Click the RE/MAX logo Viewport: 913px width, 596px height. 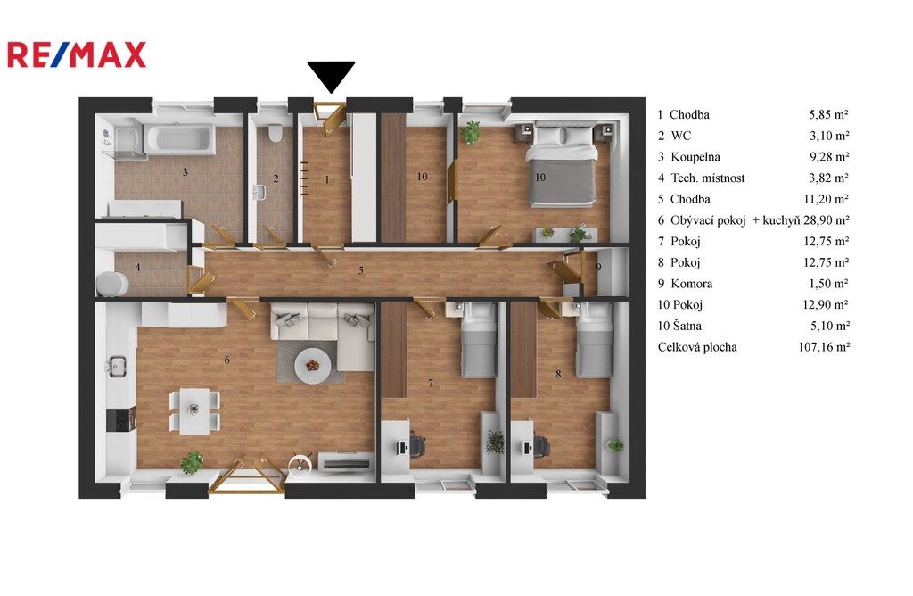point(77,55)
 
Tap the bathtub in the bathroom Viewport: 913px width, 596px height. point(180,138)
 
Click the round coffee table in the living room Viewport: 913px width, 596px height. point(313,365)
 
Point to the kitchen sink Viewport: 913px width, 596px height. point(117,366)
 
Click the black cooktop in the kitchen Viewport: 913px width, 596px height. point(121,419)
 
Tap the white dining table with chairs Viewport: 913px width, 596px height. point(194,410)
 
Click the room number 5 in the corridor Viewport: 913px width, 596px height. point(361,270)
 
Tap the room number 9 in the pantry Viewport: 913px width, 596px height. point(598,268)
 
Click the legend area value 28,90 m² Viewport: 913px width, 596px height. point(827,220)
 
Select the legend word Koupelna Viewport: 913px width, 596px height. point(695,157)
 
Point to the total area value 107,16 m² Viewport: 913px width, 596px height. point(824,347)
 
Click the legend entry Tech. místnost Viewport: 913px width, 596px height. point(707,178)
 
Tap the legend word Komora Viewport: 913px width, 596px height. point(692,284)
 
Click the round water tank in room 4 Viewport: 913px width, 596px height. point(112,284)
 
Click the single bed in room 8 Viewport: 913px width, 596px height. point(595,340)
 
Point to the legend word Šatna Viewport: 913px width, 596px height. point(687,326)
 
